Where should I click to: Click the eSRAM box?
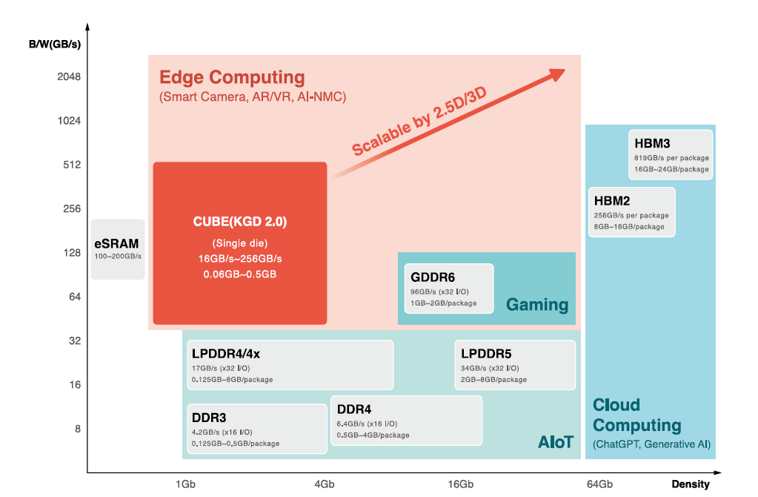point(117,249)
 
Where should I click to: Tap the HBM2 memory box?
point(632,212)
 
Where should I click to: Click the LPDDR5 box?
point(515,365)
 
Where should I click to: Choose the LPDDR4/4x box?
point(287,365)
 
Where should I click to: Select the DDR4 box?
point(406,421)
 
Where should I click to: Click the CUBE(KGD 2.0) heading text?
point(239,221)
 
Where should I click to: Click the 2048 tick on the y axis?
point(69,76)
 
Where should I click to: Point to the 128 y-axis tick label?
point(72,253)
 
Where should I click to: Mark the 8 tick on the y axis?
point(77,429)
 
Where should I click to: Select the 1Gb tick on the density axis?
point(185,484)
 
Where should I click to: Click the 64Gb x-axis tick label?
point(599,484)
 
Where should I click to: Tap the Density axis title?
point(691,484)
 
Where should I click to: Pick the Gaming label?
point(536,305)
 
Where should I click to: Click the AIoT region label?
point(556,443)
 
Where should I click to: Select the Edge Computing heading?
point(232,77)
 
